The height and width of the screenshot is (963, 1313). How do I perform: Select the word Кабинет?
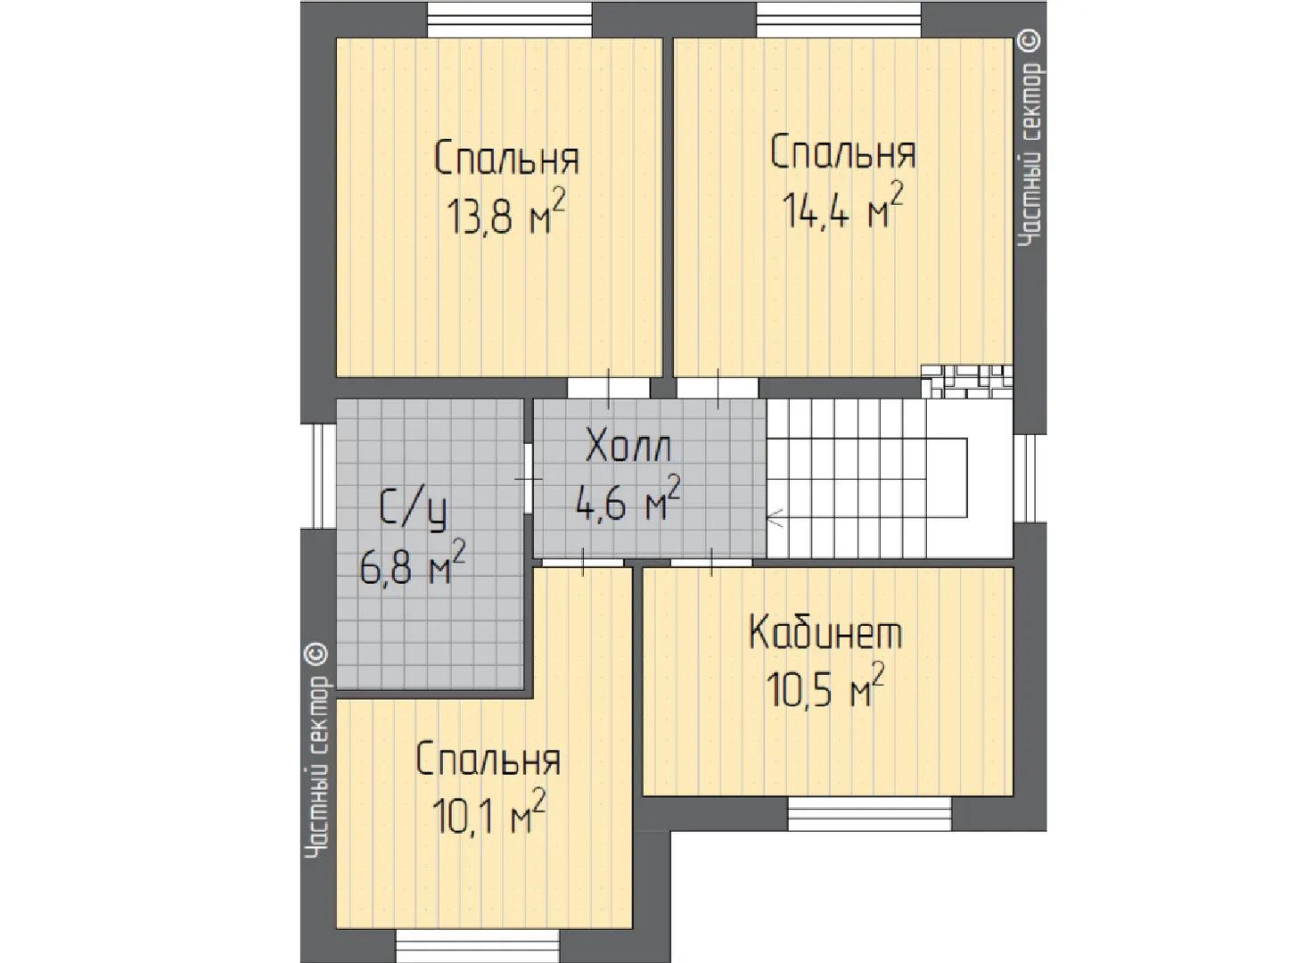pyautogui.click(x=825, y=632)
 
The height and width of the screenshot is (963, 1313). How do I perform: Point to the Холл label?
pyautogui.click(x=628, y=447)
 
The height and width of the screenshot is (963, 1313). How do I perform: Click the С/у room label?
pyautogui.click(x=414, y=510)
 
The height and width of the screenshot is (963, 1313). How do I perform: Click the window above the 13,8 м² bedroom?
pyautogui.click(x=509, y=20)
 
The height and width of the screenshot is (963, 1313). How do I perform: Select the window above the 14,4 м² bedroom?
pyautogui.click(x=839, y=20)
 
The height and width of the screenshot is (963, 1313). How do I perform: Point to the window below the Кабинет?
pyautogui.click(x=869, y=813)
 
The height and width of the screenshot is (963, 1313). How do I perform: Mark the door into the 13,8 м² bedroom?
pyautogui.click(x=609, y=388)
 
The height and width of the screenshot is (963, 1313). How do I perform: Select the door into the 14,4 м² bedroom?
pyautogui.click(x=718, y=388)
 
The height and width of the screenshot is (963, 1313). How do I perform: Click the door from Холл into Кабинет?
pyautogui.click(x=711, y=563)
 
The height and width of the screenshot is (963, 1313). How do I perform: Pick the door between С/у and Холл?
pyautogui.click(x=528, y=479)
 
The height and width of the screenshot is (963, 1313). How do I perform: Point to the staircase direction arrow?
pyautogui.click(x=775, y=518)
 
